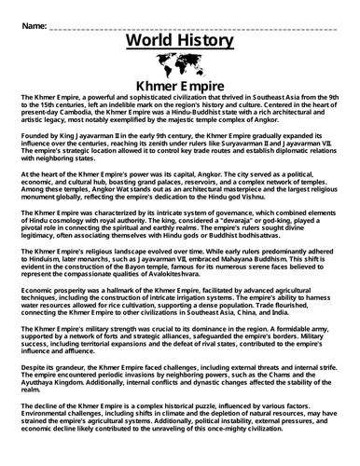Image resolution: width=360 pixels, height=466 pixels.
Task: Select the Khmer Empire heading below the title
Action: (176, 88)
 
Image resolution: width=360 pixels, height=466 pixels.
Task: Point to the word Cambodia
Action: (77, 116)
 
